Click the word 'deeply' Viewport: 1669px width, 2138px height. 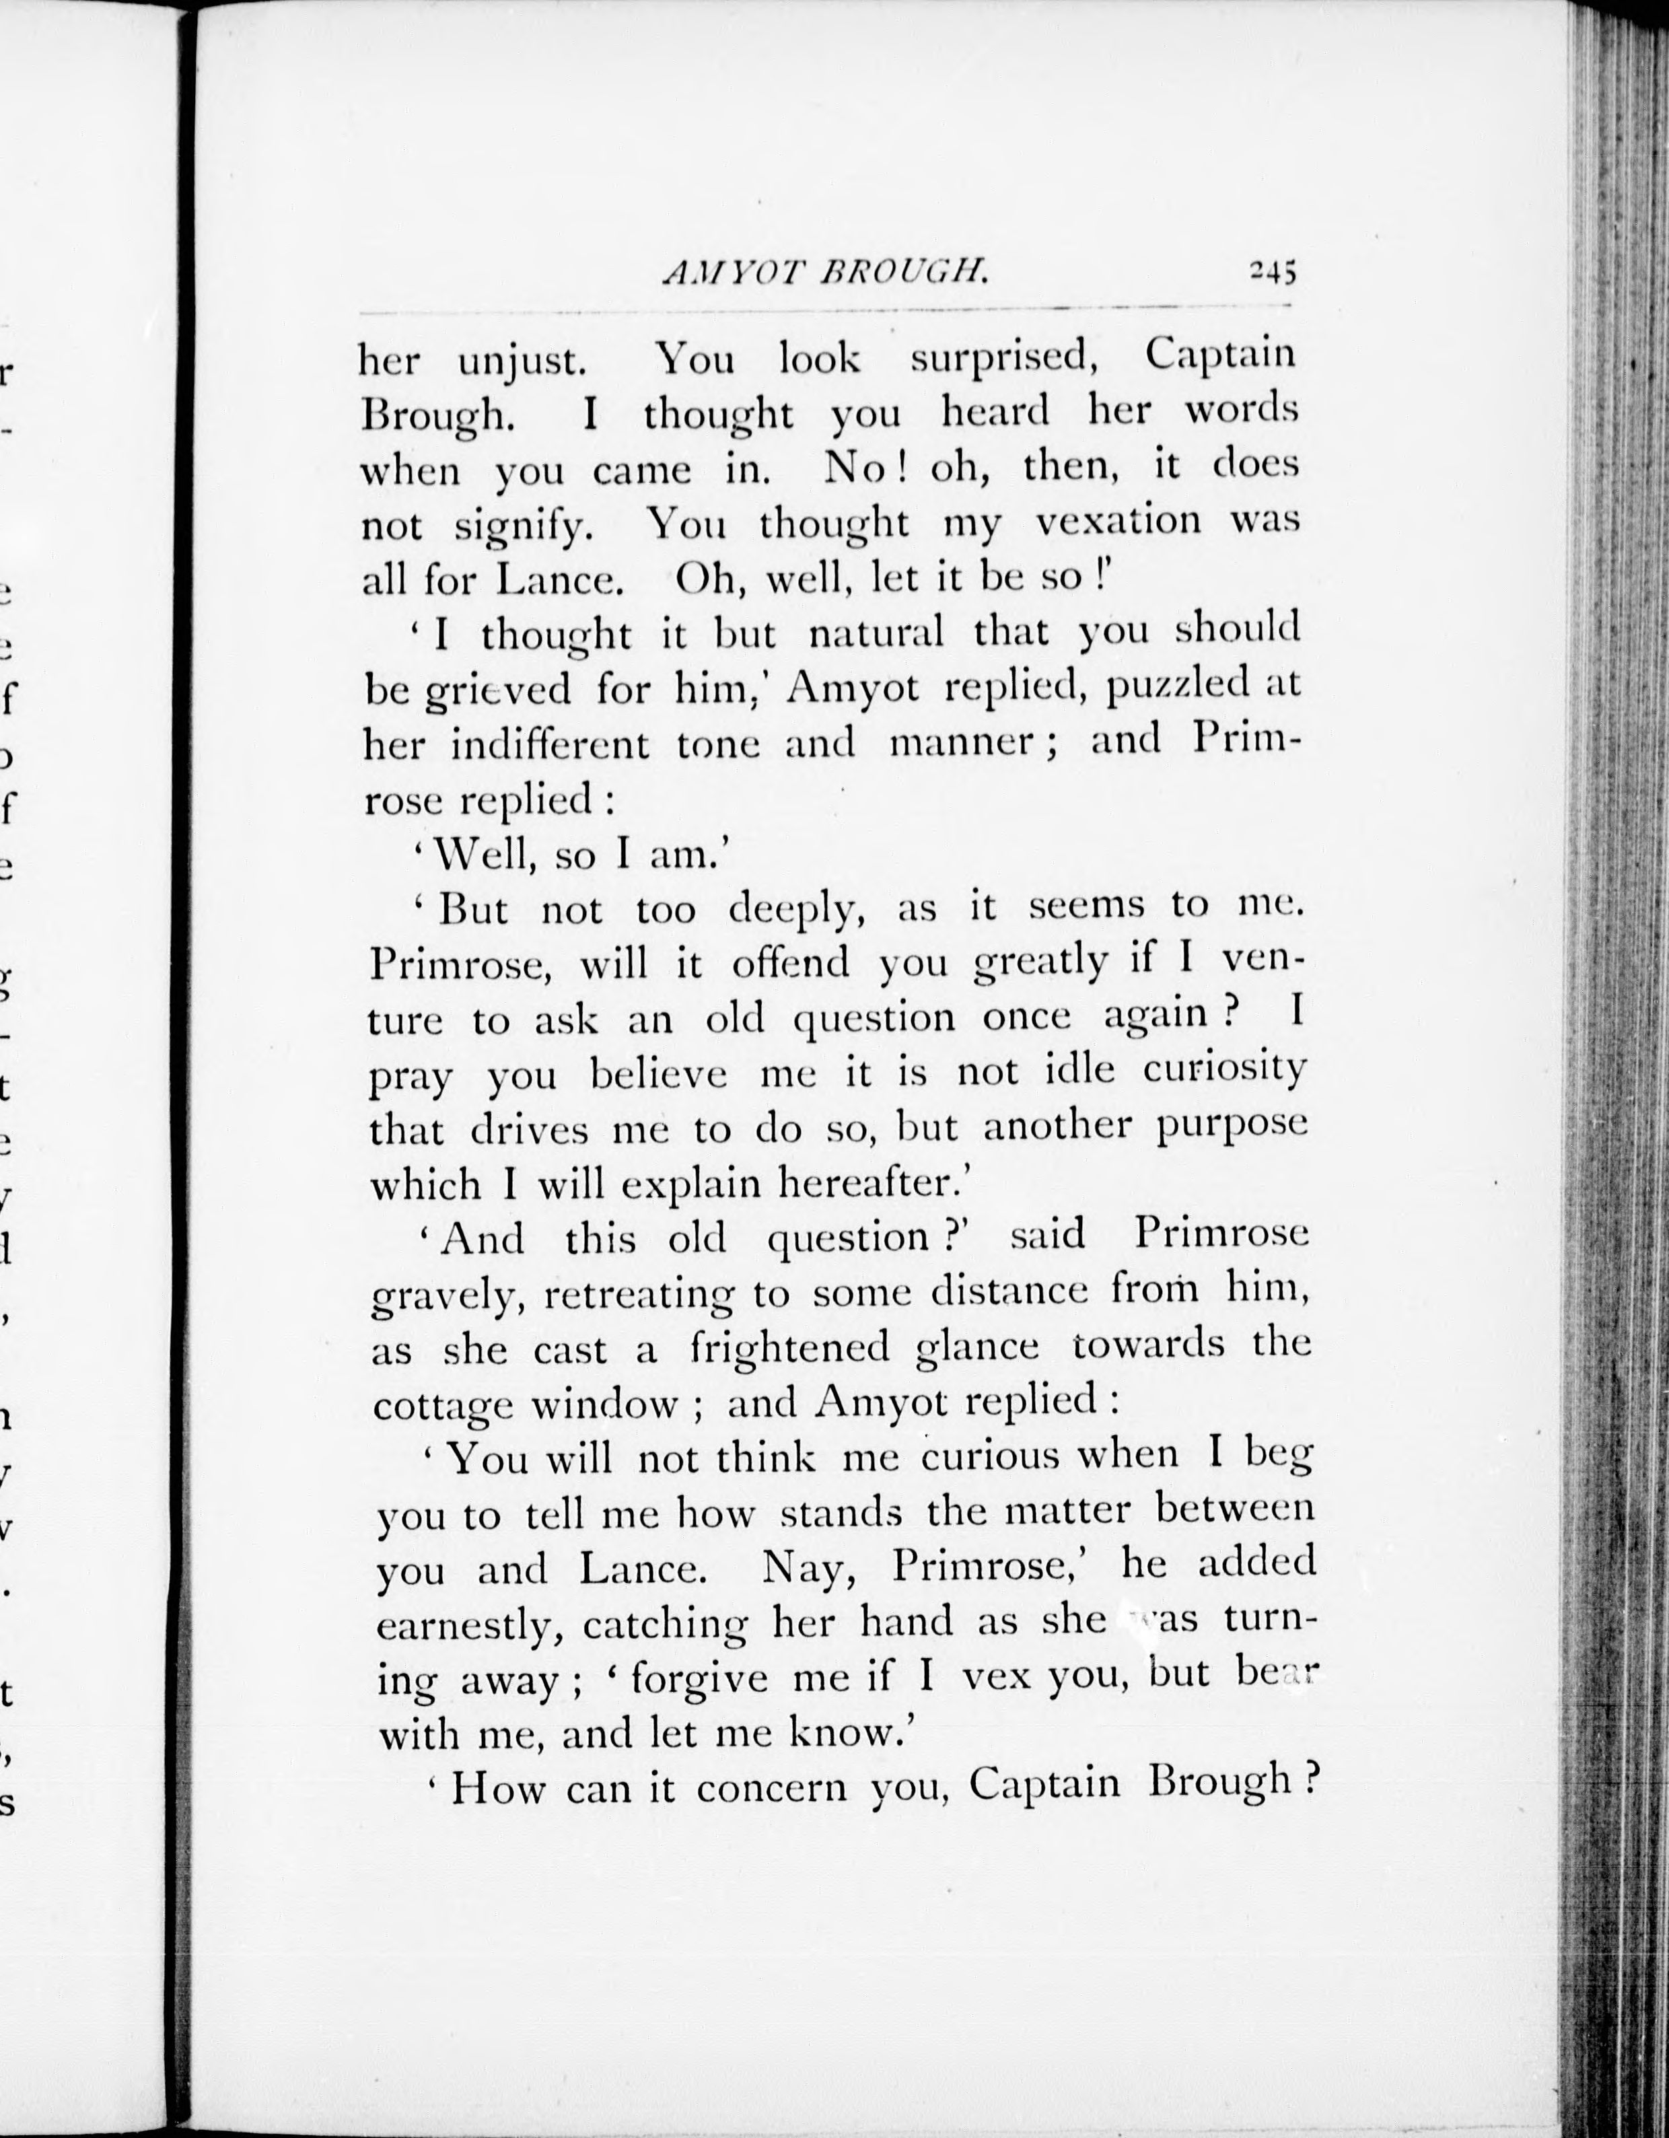point(797,911)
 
